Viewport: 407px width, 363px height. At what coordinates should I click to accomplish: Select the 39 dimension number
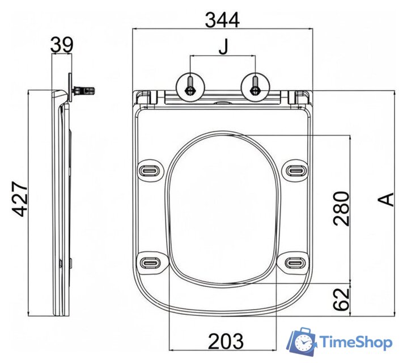click(61, 44)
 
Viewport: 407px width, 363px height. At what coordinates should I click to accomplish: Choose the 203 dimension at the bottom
click(226, 341)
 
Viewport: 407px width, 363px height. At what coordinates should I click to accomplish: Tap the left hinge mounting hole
click(190, 86)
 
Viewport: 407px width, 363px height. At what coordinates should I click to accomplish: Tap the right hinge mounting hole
click(256, 86)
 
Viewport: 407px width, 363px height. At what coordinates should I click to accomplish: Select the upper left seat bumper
click(151, 169)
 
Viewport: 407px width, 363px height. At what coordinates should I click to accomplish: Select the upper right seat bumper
click(295, 169)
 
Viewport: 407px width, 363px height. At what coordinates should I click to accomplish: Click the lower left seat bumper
click(151, 261)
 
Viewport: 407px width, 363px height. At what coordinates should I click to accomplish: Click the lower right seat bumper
click(295, 261)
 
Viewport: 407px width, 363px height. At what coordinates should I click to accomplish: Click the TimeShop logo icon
click(302, 342)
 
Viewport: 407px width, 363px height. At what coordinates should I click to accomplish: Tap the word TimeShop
click(355, 343)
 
